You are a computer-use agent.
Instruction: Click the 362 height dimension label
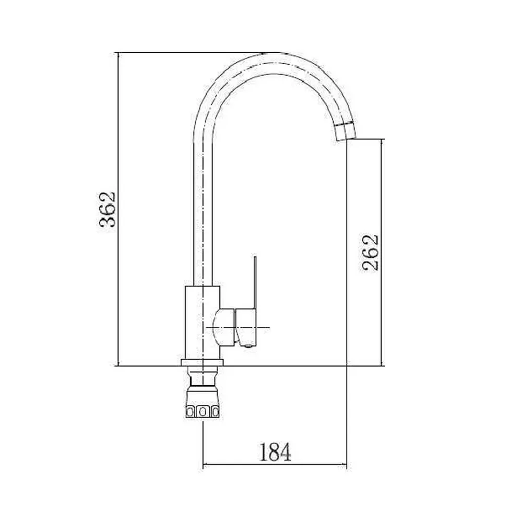(107, 209)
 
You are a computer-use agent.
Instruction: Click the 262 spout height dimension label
(370, 253)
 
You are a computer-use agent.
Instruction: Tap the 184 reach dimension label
(275, 452)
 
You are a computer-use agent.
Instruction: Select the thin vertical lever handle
(255, 282)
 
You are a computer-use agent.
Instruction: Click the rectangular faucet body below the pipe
(203, 322)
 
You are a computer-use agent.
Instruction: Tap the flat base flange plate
(202, 363)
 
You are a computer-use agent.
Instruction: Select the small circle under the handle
(247, 347)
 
